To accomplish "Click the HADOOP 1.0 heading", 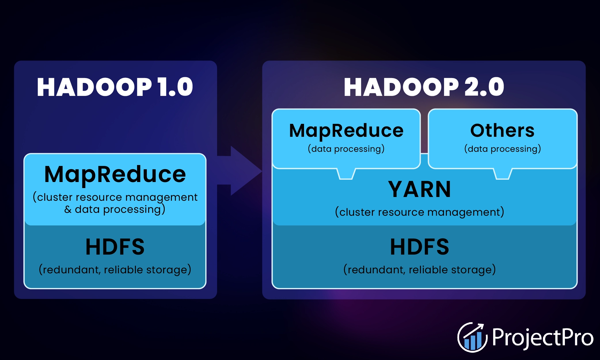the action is coord(115,87).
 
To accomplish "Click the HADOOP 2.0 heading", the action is coord(424,87).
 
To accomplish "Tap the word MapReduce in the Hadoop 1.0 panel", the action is coord(115,175).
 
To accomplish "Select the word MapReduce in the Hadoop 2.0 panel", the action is coord(346,131).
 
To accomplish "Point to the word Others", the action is coord(502,130).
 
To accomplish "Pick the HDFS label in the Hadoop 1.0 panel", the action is coord(115,247).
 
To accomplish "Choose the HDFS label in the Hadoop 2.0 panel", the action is coord(419,247).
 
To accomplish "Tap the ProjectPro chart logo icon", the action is coord(472,337).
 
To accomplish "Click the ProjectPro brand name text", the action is coord(543,338).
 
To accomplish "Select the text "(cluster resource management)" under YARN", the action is coord(419,212).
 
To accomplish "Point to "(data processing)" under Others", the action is coord(502,149).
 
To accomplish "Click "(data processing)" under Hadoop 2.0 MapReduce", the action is coord(346,149).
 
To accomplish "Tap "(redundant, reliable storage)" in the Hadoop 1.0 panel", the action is coord(115,270).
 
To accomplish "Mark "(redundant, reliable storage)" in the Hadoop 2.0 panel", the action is coord(419,270).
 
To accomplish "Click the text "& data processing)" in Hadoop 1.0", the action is coord(115,209).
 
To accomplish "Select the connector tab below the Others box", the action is coord(503,174).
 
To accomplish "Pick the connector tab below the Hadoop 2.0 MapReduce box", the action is coord(346,174).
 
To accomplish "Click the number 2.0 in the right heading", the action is coord(484,87).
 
